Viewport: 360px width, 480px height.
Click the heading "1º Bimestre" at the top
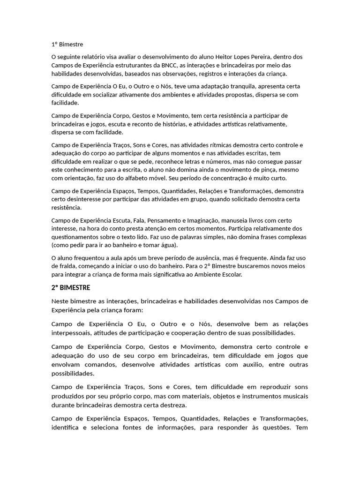pos(67,45)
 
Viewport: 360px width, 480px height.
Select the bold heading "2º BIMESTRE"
pos(71,287)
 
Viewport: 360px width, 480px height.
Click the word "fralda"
pos(67,266)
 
